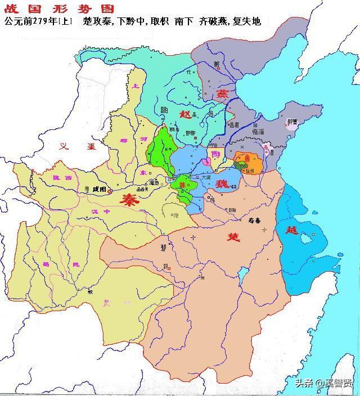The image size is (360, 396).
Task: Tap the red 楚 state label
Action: pos(233,237)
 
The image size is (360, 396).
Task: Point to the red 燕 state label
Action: pos(208,93)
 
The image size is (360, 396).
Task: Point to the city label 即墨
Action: pos(292,121)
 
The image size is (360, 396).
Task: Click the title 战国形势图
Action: pos(58,8)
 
